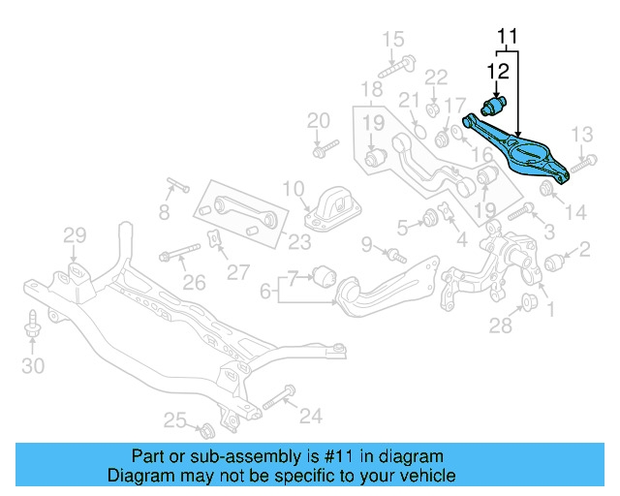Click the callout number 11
click(x=509, y=39)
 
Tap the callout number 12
click(x=497, y=70)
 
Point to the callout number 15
click(x=392, y=40)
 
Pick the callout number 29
click(x=75, y=234)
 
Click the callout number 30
click(x=33, y=365)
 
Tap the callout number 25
click(x=174, y=419)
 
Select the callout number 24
click(x=310, y=416)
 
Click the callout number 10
click(x=294, y=187)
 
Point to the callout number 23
click(x=299, y=241)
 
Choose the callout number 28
click(x=500, y=326)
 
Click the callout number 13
click(x=580, y=133)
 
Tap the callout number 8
click(x=164, y=210)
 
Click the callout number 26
click(x=194, y=282)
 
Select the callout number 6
click(x=265, y=290)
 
